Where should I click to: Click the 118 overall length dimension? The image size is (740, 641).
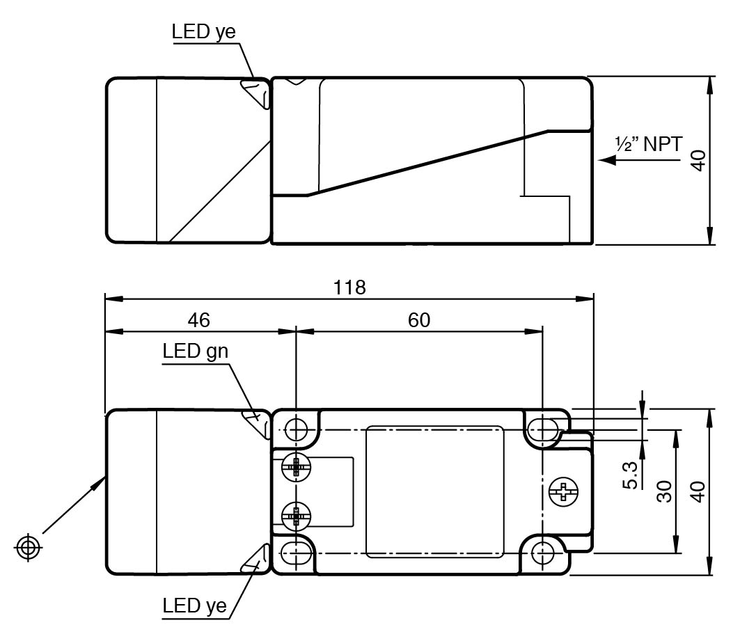349,287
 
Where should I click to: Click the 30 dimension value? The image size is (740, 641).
665,491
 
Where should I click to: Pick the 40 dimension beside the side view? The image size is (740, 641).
700,161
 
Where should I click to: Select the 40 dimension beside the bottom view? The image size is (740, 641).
700,491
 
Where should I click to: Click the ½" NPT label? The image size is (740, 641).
647,144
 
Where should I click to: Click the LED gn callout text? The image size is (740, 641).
196,350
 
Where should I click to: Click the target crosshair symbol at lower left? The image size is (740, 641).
28,547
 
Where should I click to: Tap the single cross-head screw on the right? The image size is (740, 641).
563,492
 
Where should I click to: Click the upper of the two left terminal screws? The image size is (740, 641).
297,467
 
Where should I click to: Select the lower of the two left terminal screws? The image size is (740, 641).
297,516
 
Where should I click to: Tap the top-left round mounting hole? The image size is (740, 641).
297,429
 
